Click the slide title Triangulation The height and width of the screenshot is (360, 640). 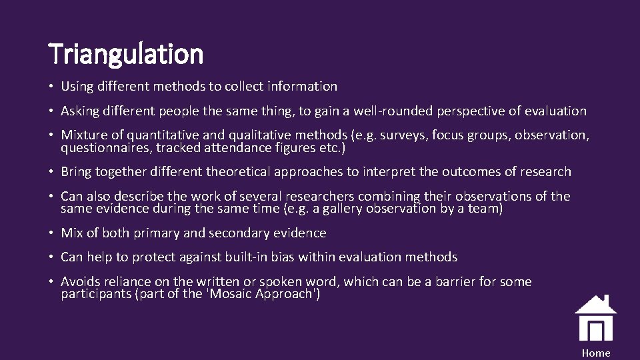126,53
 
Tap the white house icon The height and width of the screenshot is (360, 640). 595,318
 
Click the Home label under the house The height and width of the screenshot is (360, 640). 595,353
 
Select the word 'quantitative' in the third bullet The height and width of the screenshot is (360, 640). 152,135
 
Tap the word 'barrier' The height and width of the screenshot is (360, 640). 456,281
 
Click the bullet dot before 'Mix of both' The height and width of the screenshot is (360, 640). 51,233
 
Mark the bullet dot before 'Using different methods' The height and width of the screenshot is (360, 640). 51,87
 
